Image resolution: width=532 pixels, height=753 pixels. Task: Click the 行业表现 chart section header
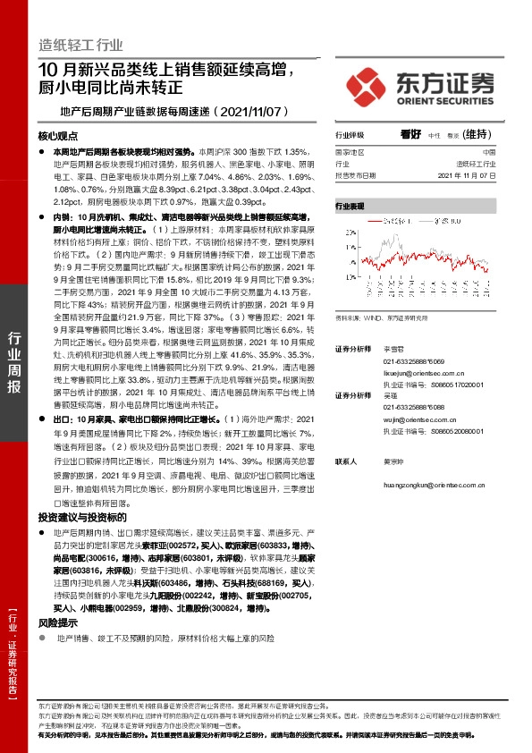[x=350, y=206]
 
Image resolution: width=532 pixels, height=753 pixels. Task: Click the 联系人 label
[x=347, y=462]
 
